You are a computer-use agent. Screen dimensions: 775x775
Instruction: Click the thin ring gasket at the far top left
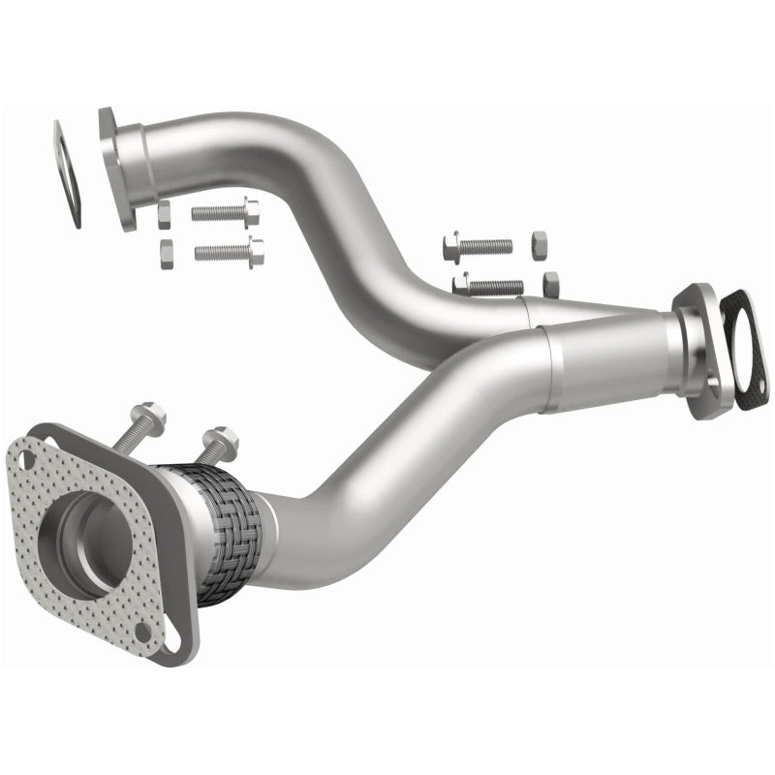[x=67, y=174]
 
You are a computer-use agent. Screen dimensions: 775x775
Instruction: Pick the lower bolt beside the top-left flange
[x=229, y=252]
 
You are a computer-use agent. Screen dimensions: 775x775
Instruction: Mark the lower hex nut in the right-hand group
[x=550, y=284]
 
